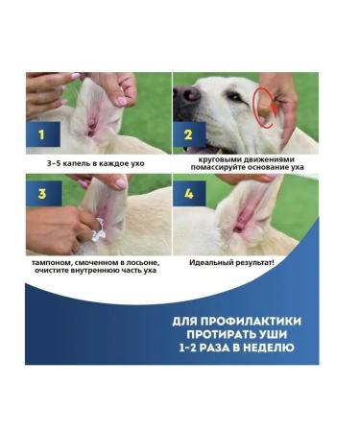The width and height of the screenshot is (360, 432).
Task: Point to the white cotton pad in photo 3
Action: (98, 227)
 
